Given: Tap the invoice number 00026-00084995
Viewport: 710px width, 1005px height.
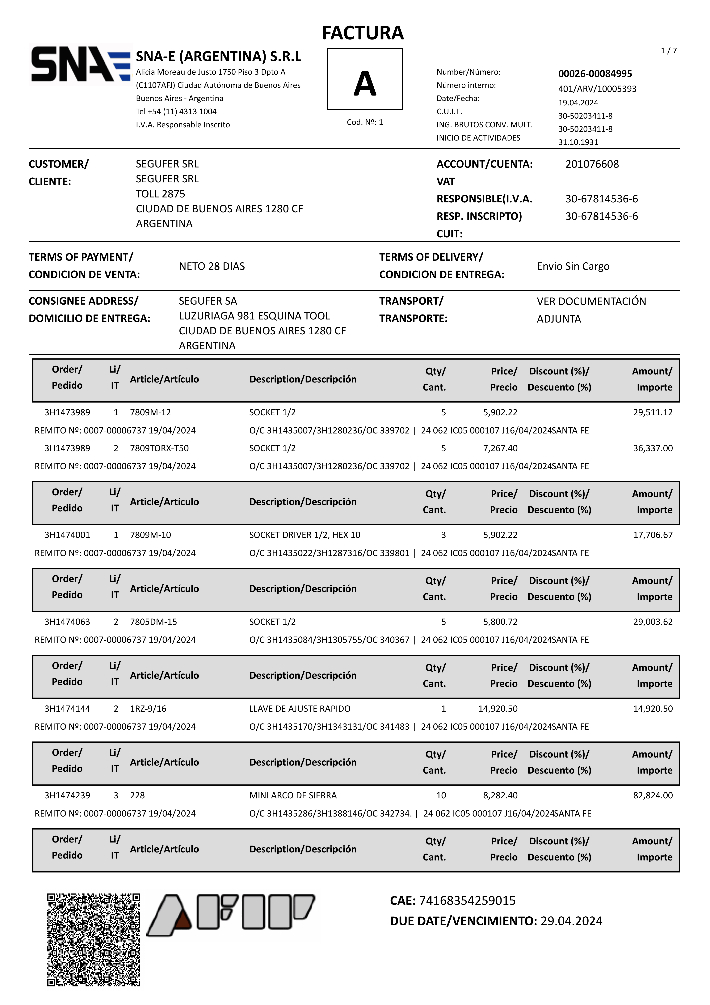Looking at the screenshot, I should [x=595, y=74].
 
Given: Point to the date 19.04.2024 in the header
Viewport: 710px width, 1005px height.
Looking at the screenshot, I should [x=578, y=102].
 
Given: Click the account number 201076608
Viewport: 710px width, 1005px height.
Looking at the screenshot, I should [x=592, y=164].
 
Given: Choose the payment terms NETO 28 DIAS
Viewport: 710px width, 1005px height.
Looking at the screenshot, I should [x=212, y=266].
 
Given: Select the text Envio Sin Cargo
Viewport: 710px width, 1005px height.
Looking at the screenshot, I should [x=573, y=266].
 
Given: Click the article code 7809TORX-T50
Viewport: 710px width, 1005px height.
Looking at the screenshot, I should [x=159, y=448].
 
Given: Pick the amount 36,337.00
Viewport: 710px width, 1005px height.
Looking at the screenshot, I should [x=653, y=448].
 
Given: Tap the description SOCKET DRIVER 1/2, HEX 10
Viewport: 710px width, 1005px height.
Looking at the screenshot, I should [x=305, y=535].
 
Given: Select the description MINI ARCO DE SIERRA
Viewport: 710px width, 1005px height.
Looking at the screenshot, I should [x=293, y=795].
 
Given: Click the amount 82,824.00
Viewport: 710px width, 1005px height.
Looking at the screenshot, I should [x=653, y=795].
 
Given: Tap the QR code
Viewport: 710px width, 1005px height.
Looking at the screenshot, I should [x=94, y=939].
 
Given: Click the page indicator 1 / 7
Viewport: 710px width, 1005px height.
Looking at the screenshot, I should [x=668, y=51].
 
